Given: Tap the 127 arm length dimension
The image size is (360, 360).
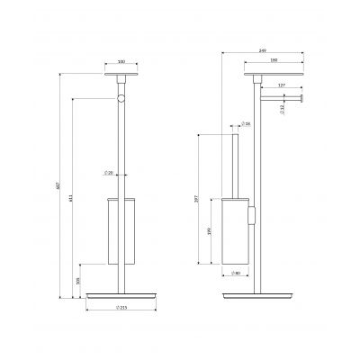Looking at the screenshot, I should click(282, 85).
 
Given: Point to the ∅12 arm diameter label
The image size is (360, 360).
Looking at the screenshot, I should click(307, 109).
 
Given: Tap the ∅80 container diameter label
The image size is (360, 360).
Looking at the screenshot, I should click(232, 273).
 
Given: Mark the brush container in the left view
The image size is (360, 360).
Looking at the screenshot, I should click(119, 229).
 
